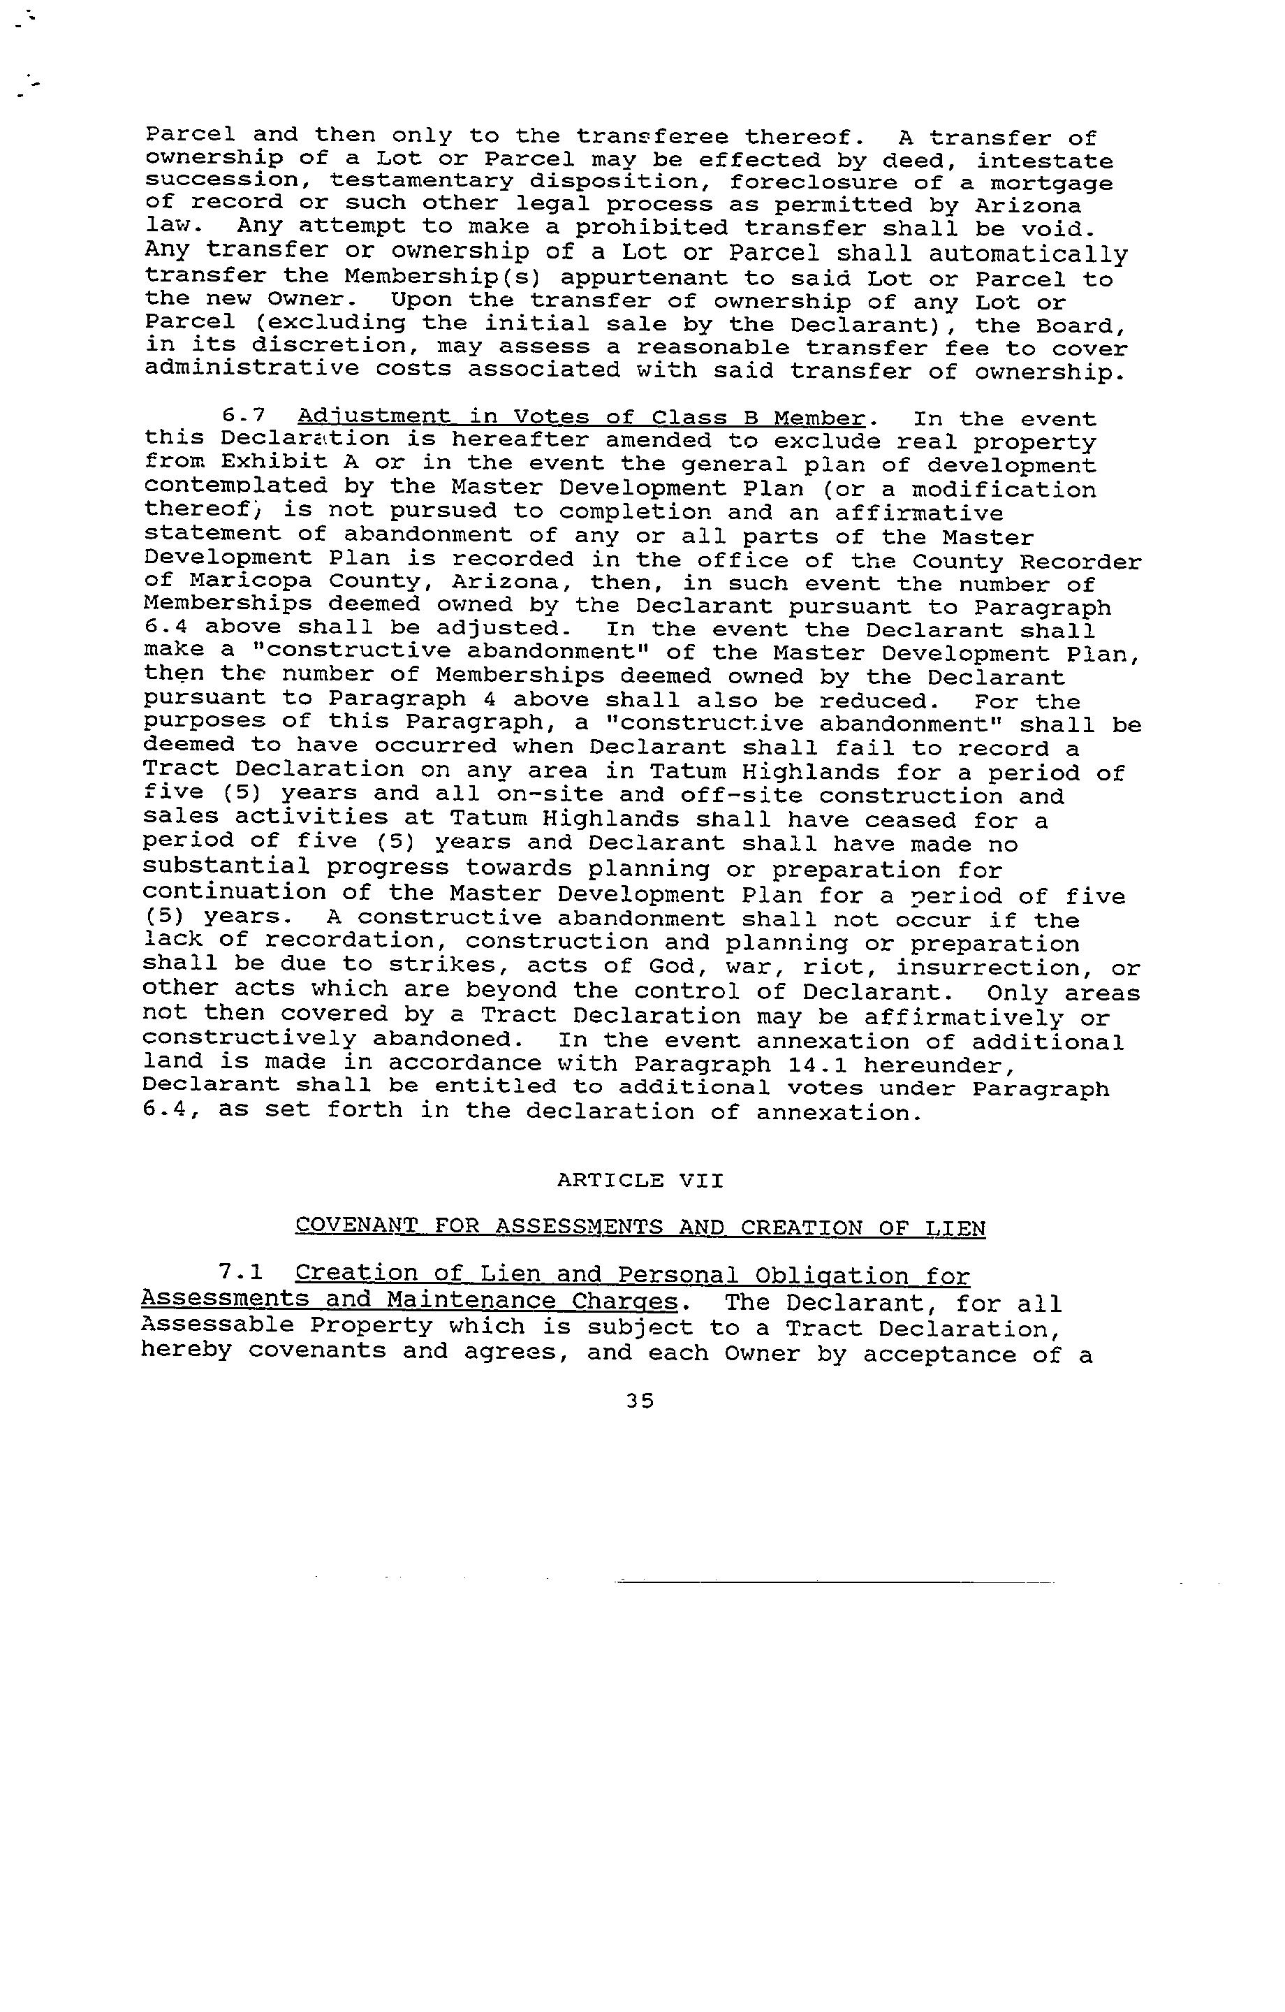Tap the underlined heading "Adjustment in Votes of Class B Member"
pyautogui.click(x=580, y=417)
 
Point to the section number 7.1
pyautogui.click(x=241, y=1273)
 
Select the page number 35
pyautogui.click(x=640, y=1401)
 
